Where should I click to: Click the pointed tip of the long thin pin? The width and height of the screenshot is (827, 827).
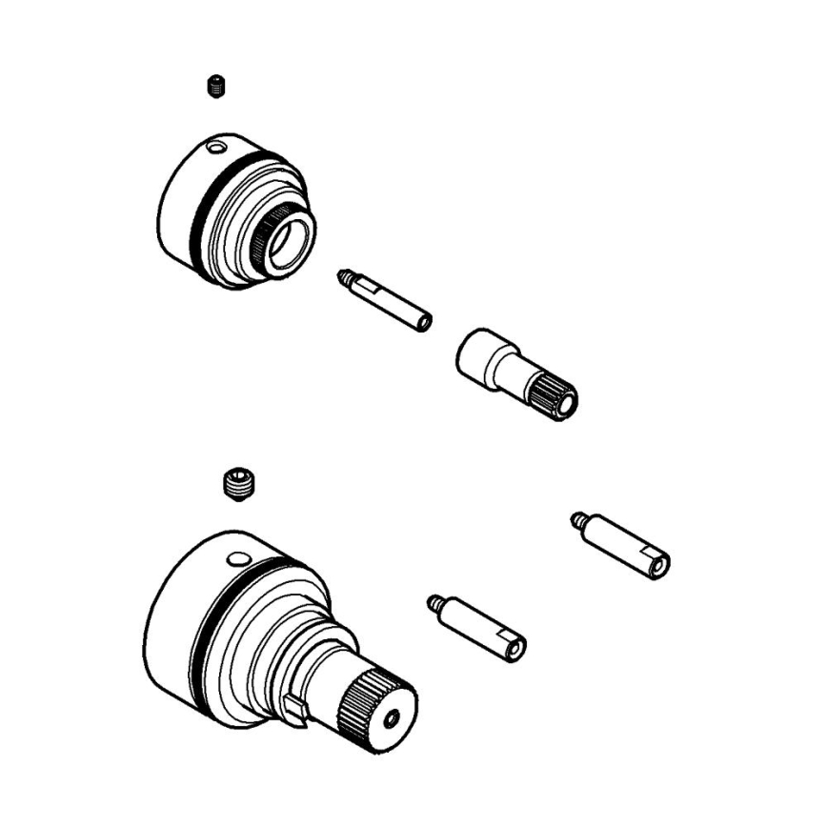[342, 277]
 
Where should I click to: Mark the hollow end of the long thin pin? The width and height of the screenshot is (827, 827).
[425, 323]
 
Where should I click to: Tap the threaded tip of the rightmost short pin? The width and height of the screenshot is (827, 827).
[577, 519]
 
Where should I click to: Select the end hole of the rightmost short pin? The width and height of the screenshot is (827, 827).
[656, 564]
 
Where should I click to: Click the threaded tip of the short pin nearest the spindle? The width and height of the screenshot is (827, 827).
[434, 602]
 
